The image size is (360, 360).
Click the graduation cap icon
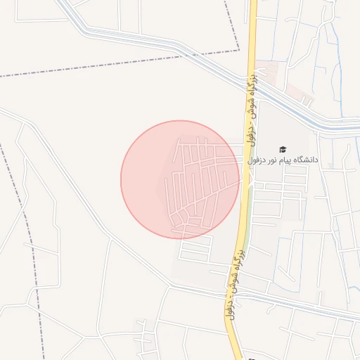(x=283, y=149)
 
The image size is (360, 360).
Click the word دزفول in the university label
(x=255, y=160)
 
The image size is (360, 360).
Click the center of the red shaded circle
(x=180, y=179)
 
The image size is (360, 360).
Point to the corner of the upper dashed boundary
(x=239, y=51)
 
